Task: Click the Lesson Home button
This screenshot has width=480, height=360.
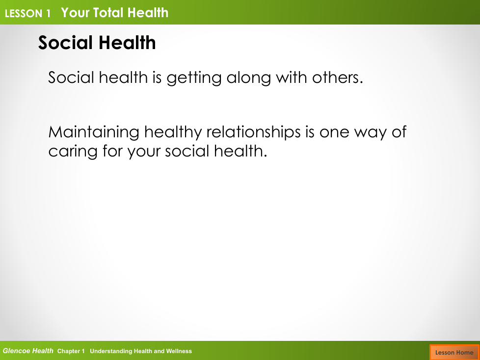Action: pos(454,352)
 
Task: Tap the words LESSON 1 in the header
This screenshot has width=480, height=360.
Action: pos(28,13)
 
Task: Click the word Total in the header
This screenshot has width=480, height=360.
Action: pos(108,13)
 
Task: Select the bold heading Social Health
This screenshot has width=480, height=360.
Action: pos(97,42)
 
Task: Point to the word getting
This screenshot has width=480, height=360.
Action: pos(194,78)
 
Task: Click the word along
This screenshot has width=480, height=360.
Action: pos(248,78)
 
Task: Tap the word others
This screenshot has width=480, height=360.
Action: pos(337,77)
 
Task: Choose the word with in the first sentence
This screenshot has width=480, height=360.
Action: pos(292,77)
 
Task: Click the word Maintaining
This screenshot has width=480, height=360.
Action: pos(94,133)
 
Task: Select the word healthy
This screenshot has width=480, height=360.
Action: pos(173,133)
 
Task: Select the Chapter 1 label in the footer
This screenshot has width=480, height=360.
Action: pos(71,351)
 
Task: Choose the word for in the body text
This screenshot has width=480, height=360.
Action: pos(112,151)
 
